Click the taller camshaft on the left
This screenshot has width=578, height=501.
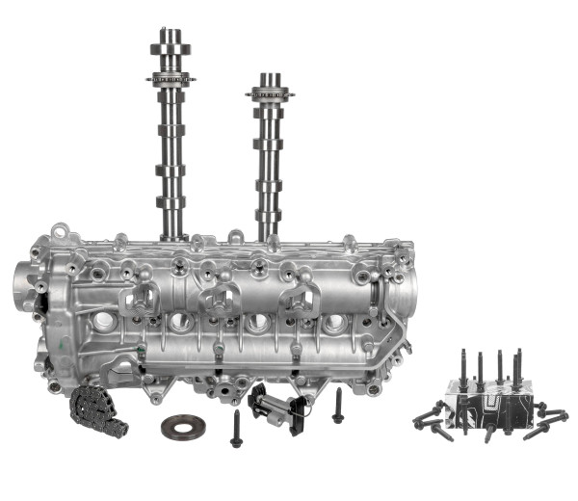tap(170, 145)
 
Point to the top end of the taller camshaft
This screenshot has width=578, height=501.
tap(170, 35)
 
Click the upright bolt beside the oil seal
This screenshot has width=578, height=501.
tap(236, 429)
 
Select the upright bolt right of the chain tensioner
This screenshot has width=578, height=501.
tap(338, 406)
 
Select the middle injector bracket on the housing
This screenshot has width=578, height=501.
tap(221, 301)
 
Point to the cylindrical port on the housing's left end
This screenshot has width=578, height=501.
tap(23, 285)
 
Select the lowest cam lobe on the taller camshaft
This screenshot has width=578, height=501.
tap(170, 204)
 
